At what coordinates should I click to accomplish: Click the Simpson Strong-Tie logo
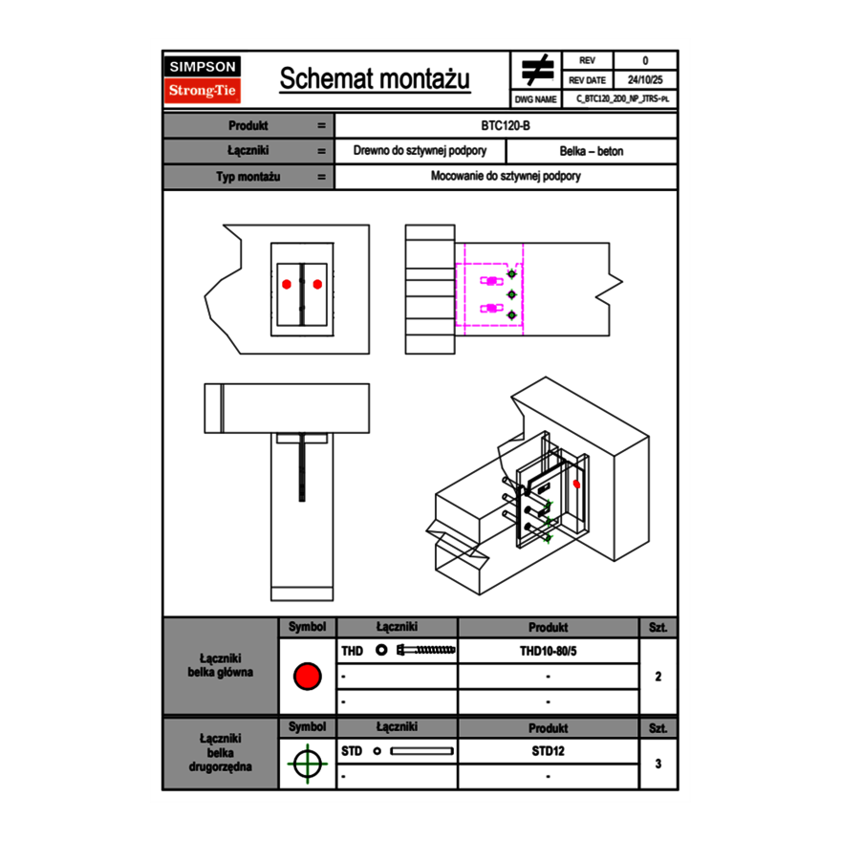203,79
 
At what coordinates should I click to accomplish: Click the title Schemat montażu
375,79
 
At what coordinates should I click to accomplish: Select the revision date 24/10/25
645,80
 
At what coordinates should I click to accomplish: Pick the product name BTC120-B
507,125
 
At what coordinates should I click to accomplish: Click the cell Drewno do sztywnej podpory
420,151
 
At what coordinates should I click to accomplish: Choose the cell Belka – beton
592,151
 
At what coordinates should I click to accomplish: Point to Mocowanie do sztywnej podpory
507,177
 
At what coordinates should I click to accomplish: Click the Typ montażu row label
249,177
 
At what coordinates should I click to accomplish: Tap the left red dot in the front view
287,283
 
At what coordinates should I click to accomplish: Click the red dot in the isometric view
576,485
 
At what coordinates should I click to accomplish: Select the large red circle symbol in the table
307,677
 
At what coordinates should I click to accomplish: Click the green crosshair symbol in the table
307,764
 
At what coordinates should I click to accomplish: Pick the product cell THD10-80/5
548,651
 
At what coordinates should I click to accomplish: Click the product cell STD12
548,751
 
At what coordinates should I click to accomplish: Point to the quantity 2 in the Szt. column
658,677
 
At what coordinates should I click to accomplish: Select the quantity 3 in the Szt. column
658,764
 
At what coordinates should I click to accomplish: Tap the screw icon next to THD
426,651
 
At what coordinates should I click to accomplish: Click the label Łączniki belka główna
221,665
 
